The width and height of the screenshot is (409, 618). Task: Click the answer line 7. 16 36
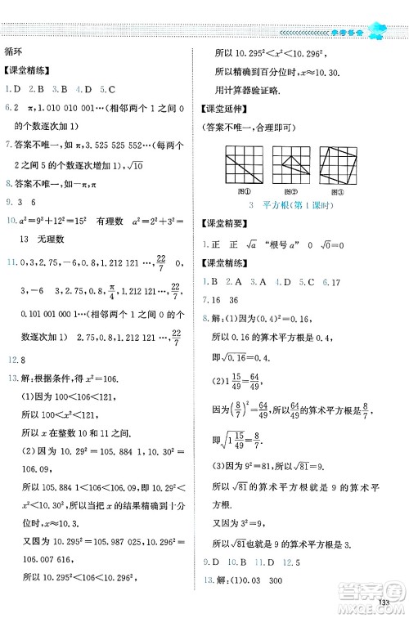[x=225, y=277]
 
